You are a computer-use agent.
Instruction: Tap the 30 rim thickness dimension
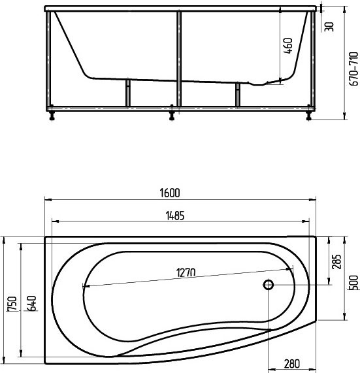(330, 26)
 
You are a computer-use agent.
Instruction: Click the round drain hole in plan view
(269, 285)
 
